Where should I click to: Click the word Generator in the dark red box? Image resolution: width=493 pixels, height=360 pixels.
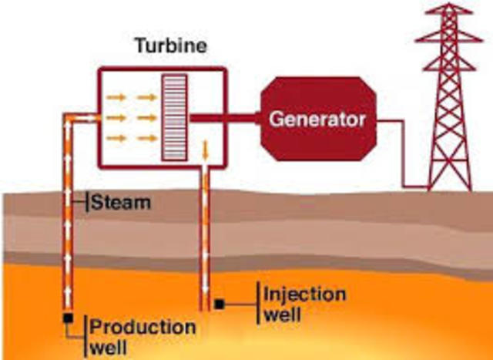point(317,119)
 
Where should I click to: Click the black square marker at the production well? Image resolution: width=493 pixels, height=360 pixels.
point(68,318)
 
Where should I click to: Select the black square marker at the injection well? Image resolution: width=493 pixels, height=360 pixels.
point(220,304)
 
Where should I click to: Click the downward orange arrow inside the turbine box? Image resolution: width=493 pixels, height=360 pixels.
point(206,149)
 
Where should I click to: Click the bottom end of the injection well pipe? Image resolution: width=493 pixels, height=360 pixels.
point(205,307)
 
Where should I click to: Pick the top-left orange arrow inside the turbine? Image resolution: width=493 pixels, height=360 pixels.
point(116,97)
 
